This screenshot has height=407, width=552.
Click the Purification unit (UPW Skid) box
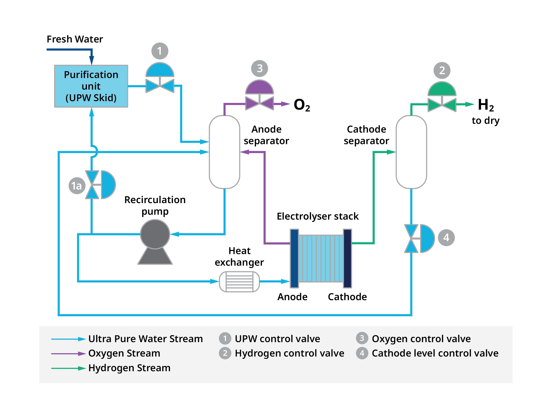pyautogui.click(x=91, y=86)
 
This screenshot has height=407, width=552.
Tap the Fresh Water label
pyautogui.click(x=75, y=39)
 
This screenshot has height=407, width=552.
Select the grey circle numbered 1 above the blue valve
pyautogui.click(x=160, y=51)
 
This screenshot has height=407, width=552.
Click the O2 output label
pyautogui.click(x=302, y=105)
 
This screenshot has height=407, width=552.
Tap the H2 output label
pyautogui.click(x=485, y=105)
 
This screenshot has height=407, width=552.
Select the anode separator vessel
pyautogui.click(x=224, y=152)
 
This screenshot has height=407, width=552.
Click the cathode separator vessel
pyautogui.click(x=411, y=152)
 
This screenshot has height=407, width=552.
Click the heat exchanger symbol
pyautogui.click(x=239, y=281)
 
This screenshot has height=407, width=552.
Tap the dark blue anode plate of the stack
pyautogui.click(x=294, y=258)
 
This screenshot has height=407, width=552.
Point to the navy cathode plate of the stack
pyautogui.click(x=347, y=258)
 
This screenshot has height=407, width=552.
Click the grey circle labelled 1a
pyautogui.click(x=77, y=186)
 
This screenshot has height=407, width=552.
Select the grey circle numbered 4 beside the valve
pyautogui.click(x=446, y=237)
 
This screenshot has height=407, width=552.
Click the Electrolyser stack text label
pyautogui.click(x=318, y=216)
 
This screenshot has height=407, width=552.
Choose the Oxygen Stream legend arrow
pyautogui.click(x=68, y=354)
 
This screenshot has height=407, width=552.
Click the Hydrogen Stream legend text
pyautogui.click(x=129, y=368)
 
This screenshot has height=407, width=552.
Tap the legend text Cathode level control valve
pyautogui.click(x=435, y=353)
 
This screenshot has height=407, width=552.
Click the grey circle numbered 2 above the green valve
pyautogui.click(x=442, y=70)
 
